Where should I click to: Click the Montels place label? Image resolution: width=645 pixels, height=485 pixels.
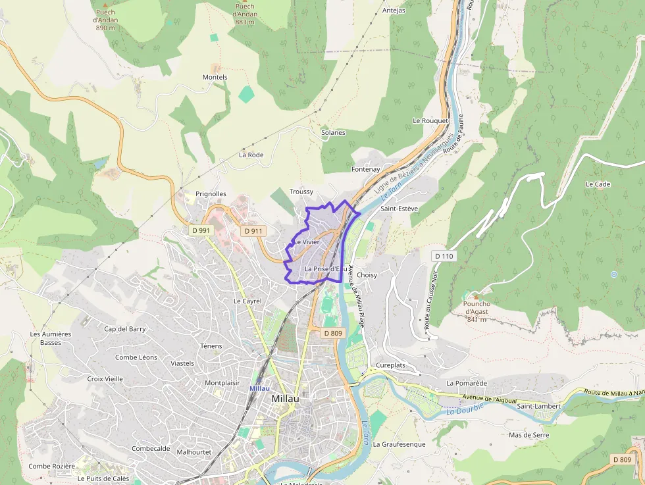pyautogui.click(x=215, y=77)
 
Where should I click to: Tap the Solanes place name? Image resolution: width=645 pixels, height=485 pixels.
pyautogui.click(x=333, y=132)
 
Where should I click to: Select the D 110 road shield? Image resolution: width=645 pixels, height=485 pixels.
pyautogui.click(x=444, y=255)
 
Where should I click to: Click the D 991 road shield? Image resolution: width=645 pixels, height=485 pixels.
pyautogui.click(x=201, y=230)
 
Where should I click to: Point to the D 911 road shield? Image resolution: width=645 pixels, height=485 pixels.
pyautogui.click(x=253, y=231)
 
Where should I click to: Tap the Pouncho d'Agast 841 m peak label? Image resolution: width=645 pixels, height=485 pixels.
pyautogui.click(x=476, y=311)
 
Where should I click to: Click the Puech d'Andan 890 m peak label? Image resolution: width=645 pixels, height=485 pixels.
pyautogui.click(x=105, y=20)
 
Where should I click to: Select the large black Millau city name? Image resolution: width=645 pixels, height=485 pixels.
pyautogui.click(x=285, y=399)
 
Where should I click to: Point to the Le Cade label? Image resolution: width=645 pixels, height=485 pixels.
pyautogui.click(x=598, y=184)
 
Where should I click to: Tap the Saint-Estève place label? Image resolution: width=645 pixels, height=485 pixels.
pyautogui.click(x=400, y=209)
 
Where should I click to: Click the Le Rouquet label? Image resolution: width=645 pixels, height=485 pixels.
pyautogui.click(x=430, y=121)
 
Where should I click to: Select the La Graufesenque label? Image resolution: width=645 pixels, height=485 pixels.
pyautogui.click(x=399, y=444)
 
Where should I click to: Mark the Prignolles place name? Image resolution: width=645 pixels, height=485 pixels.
pyautogui.click(x=211, y=194)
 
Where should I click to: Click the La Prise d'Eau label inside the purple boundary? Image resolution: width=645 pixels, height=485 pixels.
pyautogui.click(x=325, y=268)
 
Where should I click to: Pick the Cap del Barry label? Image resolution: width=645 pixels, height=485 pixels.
pyautogui.click(x=125, y=328)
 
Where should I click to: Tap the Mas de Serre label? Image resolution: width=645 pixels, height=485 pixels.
pyautogui.click(x=528, y=435)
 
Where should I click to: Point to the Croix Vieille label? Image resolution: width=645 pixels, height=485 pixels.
pyautogui.click(x=105, y=379)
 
